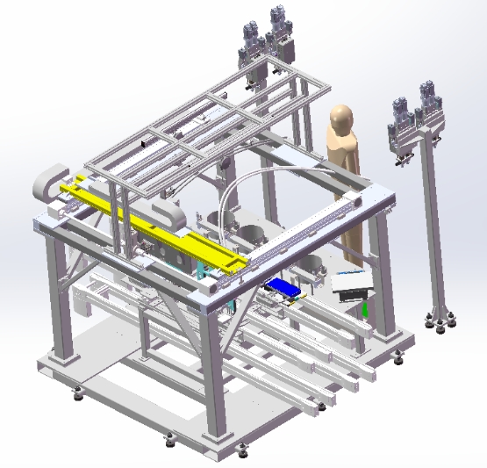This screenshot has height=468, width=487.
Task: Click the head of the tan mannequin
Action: click(340, 118)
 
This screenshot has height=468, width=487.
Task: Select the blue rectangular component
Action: click(284, 287)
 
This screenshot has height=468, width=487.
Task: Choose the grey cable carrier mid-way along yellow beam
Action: click(167, 214)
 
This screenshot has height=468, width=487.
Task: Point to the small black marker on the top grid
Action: click(144, 140)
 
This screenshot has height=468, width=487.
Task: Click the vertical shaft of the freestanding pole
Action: click(433, 228)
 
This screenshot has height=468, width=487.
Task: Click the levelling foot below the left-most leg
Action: click(79, 394)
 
